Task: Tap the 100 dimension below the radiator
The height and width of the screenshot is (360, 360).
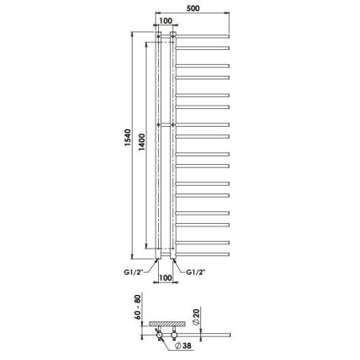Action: click(166, 276)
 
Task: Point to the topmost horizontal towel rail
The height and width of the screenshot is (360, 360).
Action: click(203, 35)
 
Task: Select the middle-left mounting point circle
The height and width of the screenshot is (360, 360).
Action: click(157, 126)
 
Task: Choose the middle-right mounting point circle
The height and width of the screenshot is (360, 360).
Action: click(174, 126)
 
